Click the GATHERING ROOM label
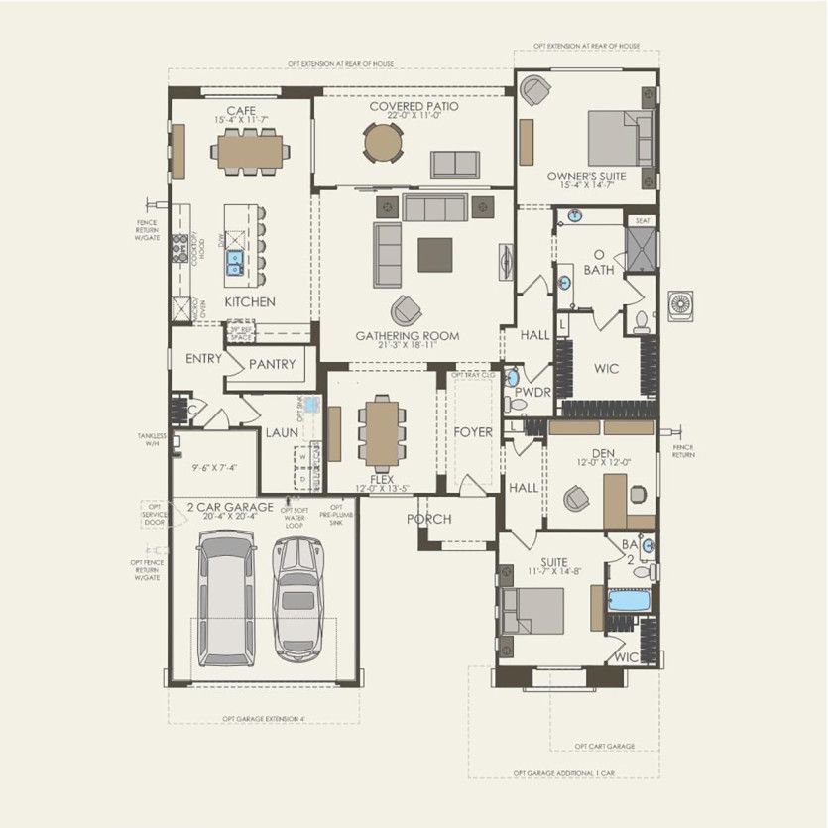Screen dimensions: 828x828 click(408, 336)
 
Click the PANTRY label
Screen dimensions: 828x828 click(272, 365)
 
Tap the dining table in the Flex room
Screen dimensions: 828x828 click(382, 431)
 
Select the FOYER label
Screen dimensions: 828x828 click(473, 432)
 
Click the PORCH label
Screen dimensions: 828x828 click(428, 519)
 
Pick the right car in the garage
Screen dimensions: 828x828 click(297, 600)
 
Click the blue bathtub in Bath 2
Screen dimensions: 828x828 click(626, 600)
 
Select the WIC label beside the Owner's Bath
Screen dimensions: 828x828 click(606, 369)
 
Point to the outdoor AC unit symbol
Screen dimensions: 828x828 click(682, 305)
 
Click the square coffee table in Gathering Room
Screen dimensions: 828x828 click(434, 255)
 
